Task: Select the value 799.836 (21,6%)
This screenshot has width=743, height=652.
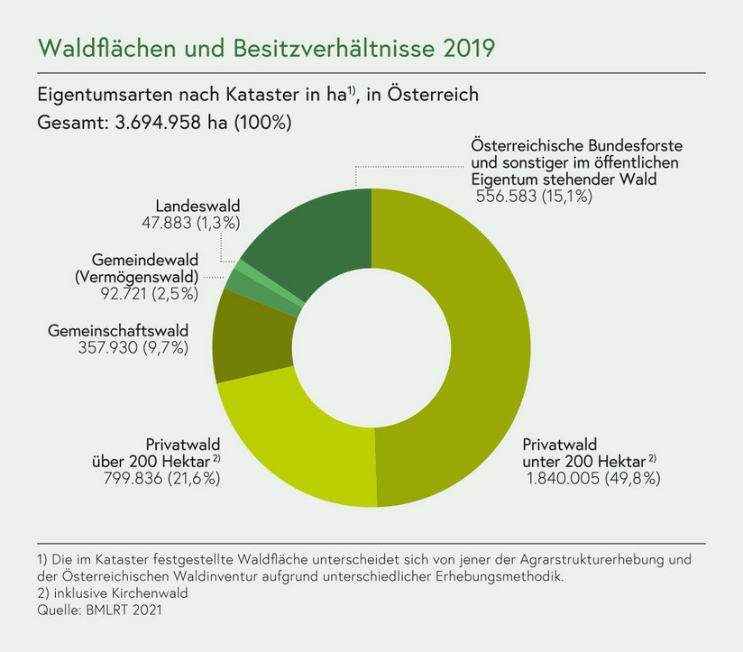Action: coord(163,479)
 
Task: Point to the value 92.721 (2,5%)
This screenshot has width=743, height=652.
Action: coord(151,293)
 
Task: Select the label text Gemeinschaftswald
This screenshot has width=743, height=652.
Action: coord(117,331)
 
